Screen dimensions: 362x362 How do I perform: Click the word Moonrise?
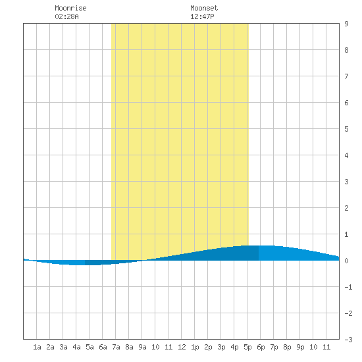point(70,8)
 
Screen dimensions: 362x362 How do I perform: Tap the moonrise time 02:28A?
point(66,16)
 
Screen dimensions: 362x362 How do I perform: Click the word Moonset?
point(204,8)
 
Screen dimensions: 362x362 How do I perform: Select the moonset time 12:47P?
point(202,16)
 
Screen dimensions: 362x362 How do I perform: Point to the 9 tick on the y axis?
point(346,24)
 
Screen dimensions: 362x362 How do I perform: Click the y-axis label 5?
point(346,129)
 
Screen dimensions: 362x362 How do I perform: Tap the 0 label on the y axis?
point(346,261)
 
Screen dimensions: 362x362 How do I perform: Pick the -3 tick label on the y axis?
point(348,340)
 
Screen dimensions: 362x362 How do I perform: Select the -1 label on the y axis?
point(348,287)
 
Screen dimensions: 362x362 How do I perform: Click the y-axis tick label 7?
point(346,76)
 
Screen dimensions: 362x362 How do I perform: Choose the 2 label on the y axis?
point(346,208)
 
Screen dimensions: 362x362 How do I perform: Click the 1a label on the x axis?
point(37,347)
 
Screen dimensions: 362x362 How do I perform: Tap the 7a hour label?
point(116,347)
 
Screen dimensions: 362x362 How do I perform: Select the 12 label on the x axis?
point(182,347)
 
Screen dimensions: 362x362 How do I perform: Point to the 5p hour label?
point(247,347)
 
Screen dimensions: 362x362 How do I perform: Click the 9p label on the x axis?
point(300,347)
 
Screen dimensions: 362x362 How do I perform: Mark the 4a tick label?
point(76,347)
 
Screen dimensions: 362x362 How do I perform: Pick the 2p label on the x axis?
point(208,347)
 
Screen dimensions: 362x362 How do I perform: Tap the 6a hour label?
point(103,347)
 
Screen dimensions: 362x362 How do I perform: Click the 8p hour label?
point(287,347)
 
